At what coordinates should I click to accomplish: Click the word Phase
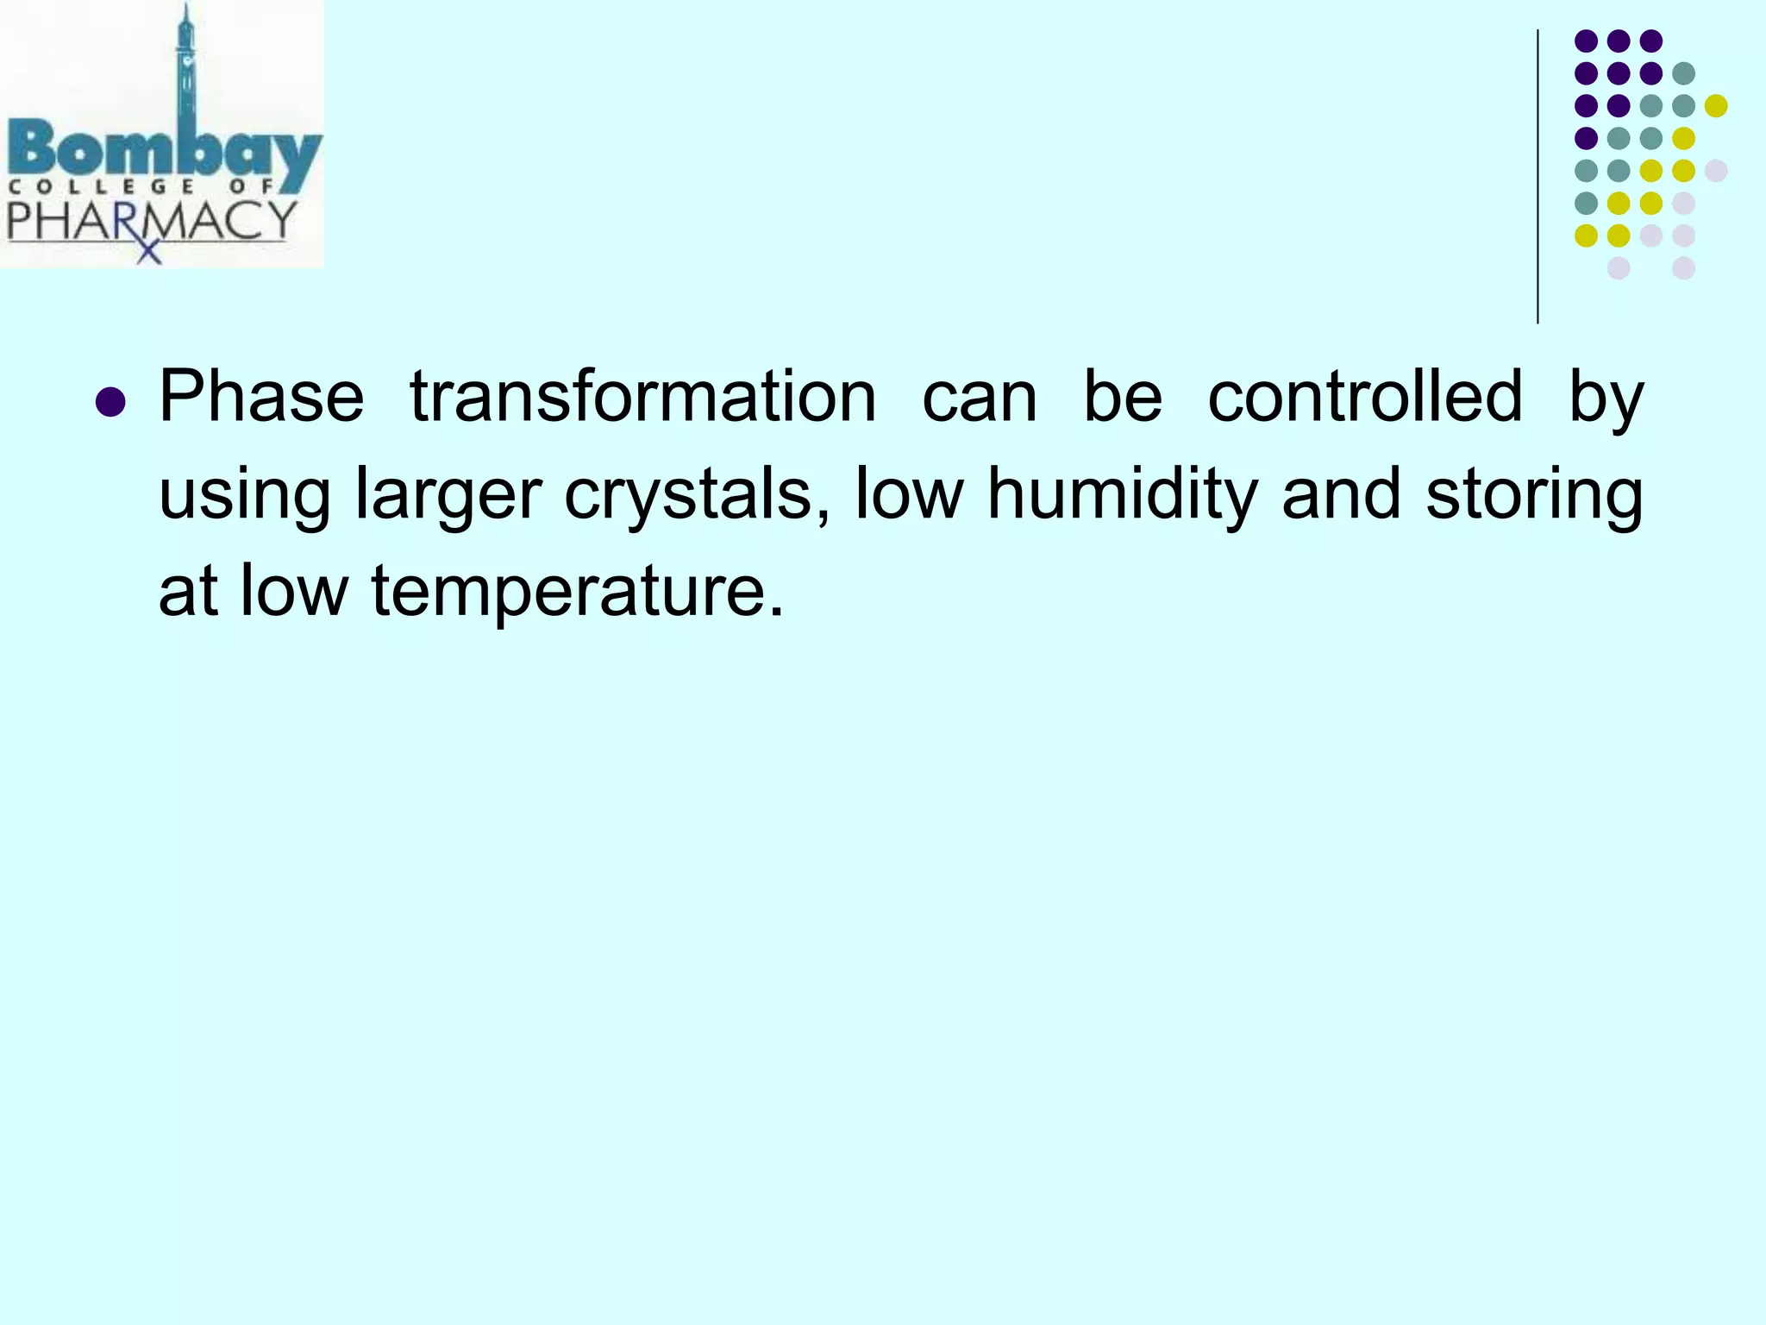pos(261,397)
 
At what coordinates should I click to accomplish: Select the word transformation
pos(642,397)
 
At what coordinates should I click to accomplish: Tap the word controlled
pos(1364,397)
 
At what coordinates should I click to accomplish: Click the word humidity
pos(1122,493)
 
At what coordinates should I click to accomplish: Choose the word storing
pos(1534,495)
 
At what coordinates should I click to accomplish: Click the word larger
pos(448,495)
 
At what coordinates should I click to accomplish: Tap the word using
pos(245,495)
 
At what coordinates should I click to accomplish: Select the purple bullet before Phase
pos(110,402)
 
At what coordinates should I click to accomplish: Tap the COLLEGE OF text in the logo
pos(142,186)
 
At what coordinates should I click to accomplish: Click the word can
pos(979,399)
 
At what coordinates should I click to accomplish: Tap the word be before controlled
pos(1122,397)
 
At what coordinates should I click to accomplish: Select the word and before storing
pos(1341,493)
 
